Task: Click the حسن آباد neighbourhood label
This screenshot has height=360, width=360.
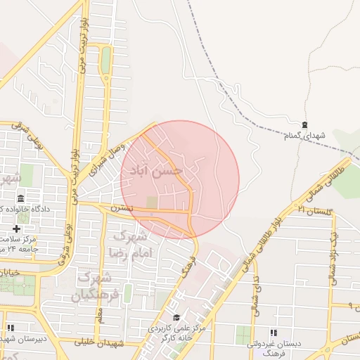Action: click(162, 170)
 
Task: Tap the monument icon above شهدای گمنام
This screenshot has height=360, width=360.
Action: click(304, 124)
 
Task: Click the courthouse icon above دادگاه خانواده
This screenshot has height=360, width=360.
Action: click(20, 198)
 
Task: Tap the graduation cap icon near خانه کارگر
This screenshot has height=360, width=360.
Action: click(176, 317)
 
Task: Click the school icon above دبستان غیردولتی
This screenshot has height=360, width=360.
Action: click(274, 333)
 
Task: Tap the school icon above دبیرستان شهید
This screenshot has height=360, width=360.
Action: click(11, 327)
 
